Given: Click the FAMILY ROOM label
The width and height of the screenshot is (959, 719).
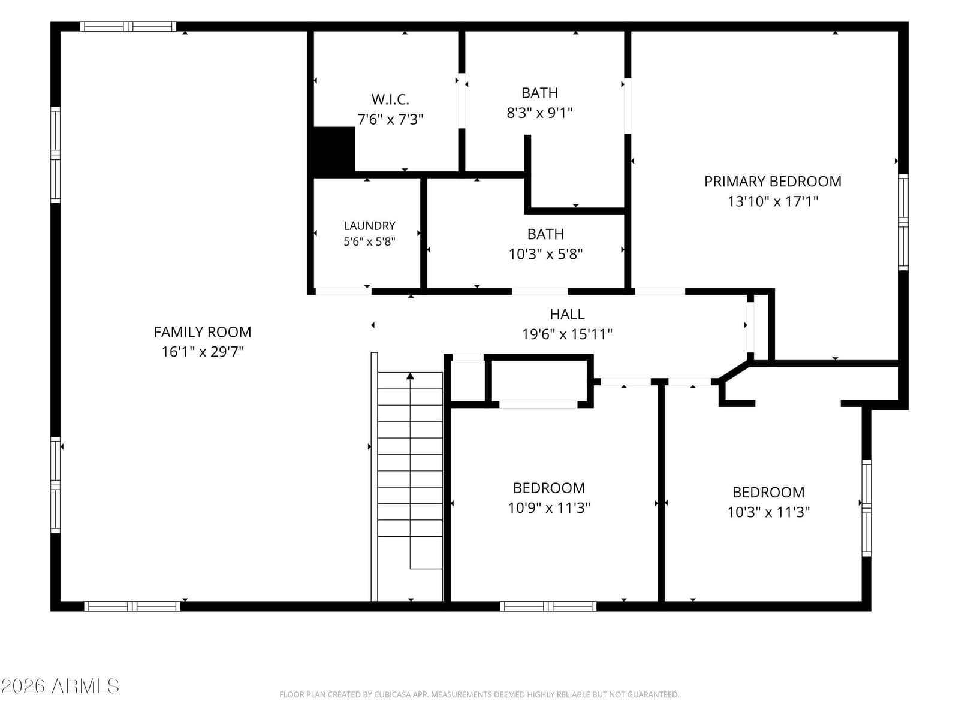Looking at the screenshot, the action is click(202, 332).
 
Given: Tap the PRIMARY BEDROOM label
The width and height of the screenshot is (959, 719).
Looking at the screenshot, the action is click(773, 181).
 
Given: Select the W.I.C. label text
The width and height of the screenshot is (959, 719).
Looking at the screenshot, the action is click(390, 99).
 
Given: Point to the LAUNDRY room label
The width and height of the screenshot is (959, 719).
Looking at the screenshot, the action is click(369, 226).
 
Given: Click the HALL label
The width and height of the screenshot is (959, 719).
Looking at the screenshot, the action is click(566, 315).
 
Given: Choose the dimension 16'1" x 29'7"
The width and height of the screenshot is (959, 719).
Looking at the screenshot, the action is click(202, 352).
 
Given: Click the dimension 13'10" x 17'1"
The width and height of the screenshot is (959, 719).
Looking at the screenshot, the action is click(773, 201).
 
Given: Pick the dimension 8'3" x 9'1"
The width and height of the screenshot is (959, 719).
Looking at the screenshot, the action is click(539, 113).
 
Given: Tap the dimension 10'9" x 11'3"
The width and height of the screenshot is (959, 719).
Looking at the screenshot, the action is click(549, 507).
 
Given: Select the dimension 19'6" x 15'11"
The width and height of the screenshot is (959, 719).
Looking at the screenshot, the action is click(566, 334).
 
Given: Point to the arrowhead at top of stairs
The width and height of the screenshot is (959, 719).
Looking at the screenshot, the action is click(410, 376).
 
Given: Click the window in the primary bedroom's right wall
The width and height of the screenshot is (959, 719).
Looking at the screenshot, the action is click(903, 222).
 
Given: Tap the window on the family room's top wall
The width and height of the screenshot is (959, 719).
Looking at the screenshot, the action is click(128, 26).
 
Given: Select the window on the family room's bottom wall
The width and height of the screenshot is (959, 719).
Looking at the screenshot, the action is click(132, 606).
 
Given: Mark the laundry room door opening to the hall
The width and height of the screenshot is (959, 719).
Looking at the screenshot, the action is click(343, 291).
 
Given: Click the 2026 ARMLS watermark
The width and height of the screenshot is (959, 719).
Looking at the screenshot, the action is click(60, 687).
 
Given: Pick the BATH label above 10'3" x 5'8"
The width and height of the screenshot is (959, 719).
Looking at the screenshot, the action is click(545, 234).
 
